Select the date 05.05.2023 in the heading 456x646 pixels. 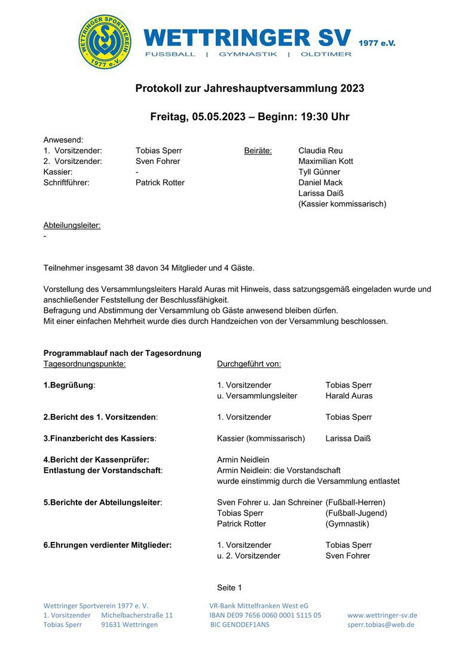coord(219,117)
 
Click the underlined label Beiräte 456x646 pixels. coord(258,151)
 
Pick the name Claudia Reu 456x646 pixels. coord(320,151)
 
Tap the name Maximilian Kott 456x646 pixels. coord(326,161)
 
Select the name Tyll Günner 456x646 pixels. coord(319,172)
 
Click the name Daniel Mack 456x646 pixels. coord(320,183)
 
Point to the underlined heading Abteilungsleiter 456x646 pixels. coord(72,226)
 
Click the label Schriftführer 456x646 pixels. coord(66,183)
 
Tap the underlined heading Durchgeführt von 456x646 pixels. coord(249,364)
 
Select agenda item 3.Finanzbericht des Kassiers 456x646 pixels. coord(99,438)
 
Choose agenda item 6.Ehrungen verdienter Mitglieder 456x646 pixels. coord(108,545)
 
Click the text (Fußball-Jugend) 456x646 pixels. coord(356,513)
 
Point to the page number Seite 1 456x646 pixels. coord(229,588)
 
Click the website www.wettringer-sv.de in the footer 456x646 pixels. coord(382,615)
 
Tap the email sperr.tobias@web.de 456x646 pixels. coord(381,624)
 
